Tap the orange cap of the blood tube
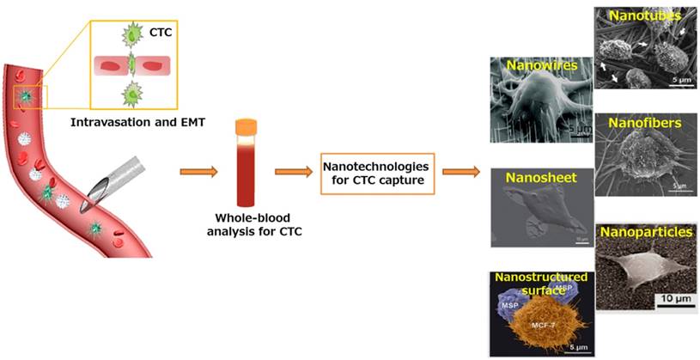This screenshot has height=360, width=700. tap(247, 125)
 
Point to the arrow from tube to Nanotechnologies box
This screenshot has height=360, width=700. tap(291, 172)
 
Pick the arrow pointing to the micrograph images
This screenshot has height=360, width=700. tap(460, 172)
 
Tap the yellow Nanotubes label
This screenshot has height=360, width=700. tap(644, 15)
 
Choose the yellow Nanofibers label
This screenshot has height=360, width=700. tap(645, 123)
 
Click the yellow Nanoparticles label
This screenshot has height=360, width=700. tap(644, 232)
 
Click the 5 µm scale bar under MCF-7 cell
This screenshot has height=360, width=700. tap(580, 347)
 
